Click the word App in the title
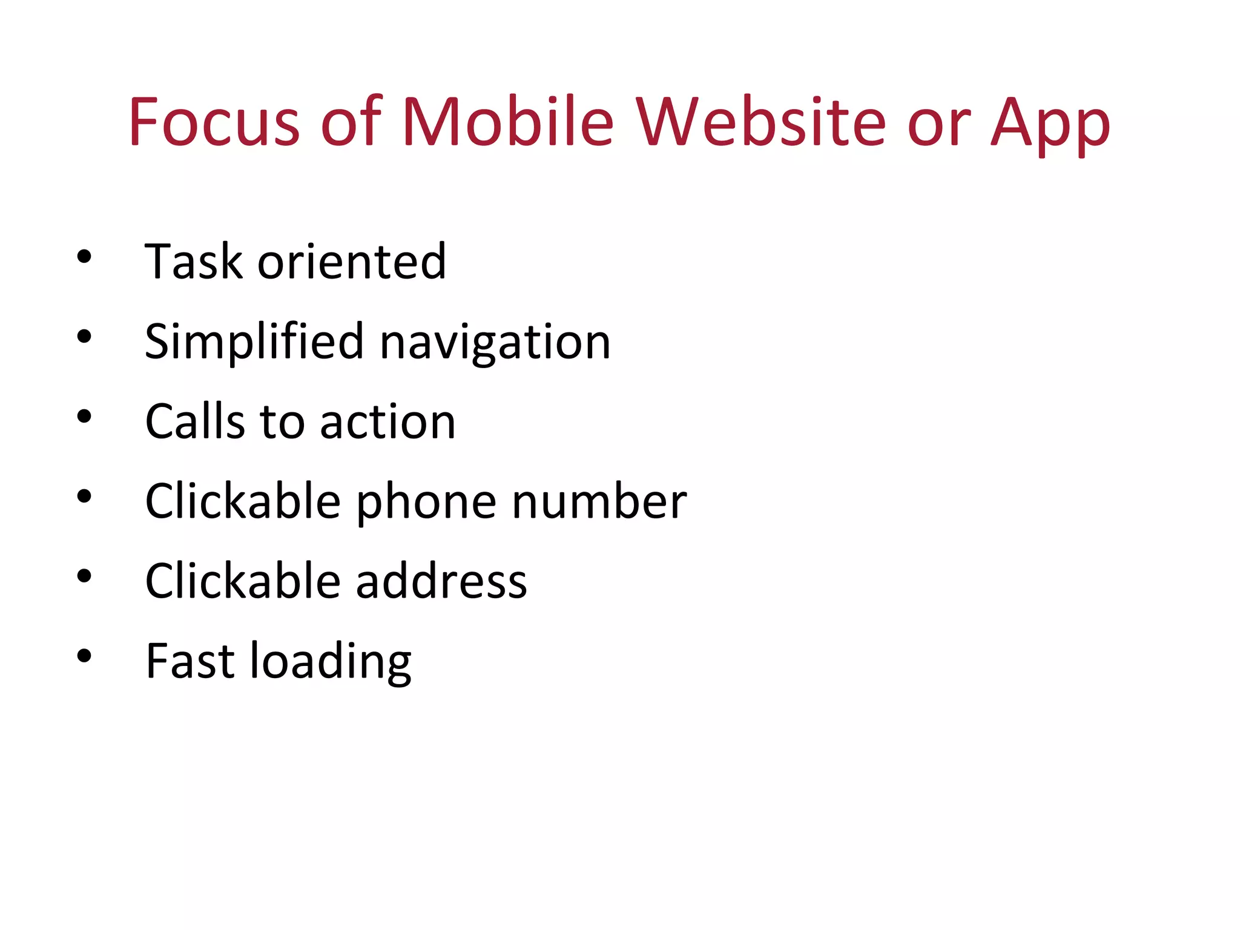tap(1050, 124)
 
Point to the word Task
tap(194, 262)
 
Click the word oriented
tap(352, 262)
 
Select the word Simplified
tap(254, 342)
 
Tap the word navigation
tap(495, 344)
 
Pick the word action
tap(387, 421)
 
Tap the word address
tap(441, 581)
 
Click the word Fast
tap(190, 661)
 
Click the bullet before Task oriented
tap(84, 257)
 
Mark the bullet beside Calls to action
tap(84, 417)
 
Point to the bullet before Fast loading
tap(84, 656)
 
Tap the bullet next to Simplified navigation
tap(84, 337)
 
